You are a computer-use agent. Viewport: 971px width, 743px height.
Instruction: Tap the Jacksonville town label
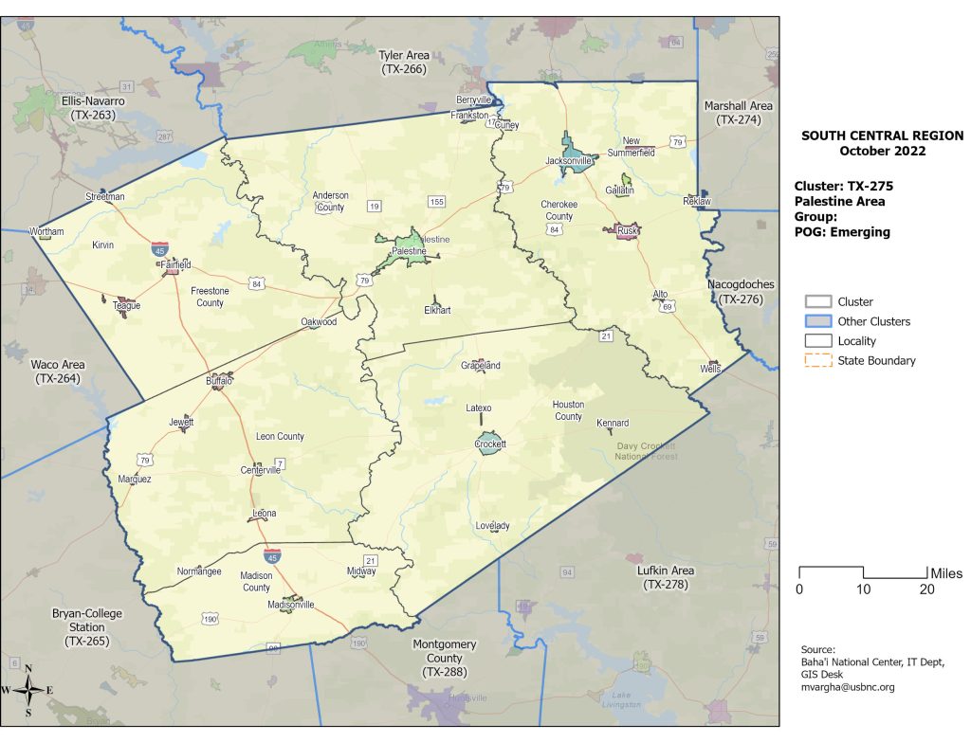tap(569, 161)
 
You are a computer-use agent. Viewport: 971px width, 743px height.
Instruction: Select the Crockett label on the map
tap(490, 444)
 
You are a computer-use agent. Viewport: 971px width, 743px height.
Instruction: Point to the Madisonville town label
tap(290, 605)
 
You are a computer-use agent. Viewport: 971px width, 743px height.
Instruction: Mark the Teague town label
tap(126, 306)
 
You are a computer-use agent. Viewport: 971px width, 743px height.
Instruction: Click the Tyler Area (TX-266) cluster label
tap(404, 63)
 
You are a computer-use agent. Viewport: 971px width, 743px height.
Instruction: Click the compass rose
tap(28, 690)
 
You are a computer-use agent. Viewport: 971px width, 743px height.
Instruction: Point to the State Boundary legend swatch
tap(817, 361)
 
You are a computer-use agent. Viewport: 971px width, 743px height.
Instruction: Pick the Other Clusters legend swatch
tap(817, 321)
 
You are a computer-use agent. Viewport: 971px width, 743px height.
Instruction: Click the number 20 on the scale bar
tap(927, 589)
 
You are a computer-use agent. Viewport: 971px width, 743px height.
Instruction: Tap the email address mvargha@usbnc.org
tap(848, 687)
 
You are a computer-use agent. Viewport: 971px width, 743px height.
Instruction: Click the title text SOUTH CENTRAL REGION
tap(882, 136)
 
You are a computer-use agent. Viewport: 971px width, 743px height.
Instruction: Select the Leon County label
tap(280, 437)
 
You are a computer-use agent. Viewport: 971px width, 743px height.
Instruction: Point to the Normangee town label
tap(199, 571)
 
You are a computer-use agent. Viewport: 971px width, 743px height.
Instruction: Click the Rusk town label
tap(627, 230)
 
